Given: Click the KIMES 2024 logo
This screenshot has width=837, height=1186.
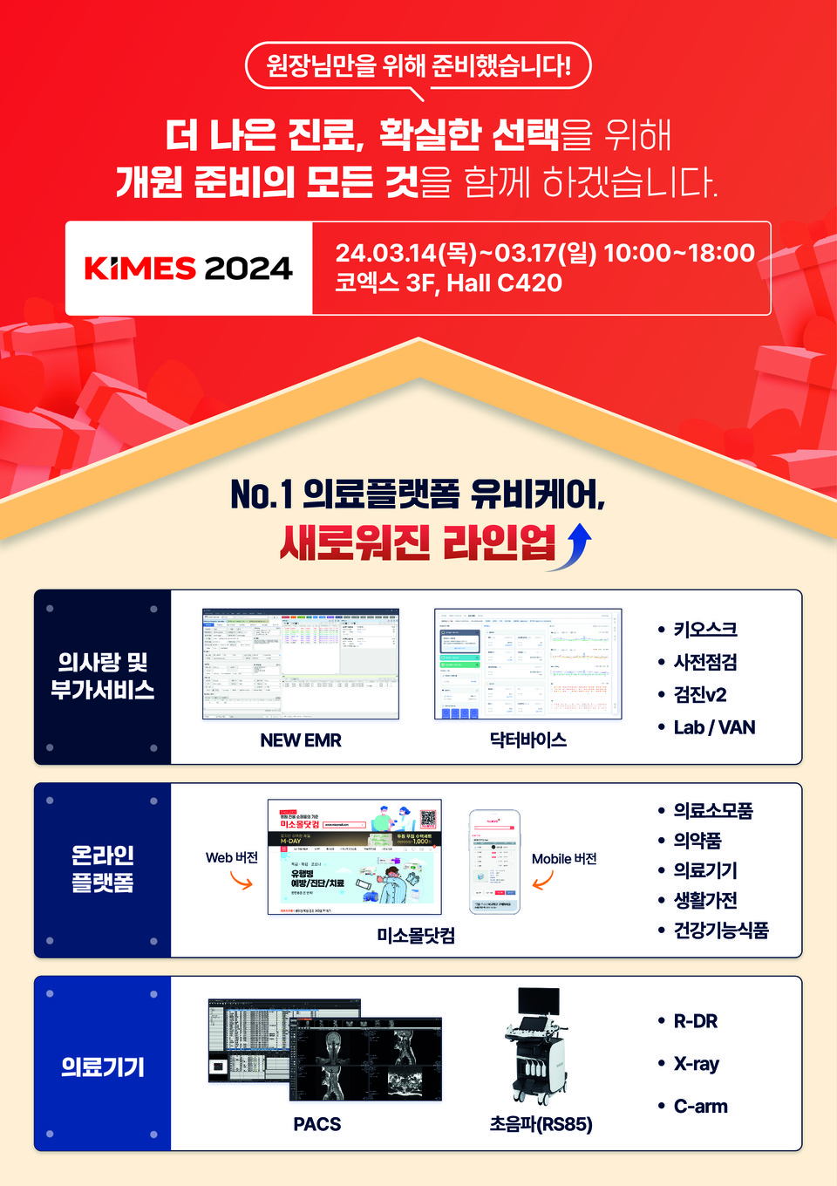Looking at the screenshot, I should coord(188,268).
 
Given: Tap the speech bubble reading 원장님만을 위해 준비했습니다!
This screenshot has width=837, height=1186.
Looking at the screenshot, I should coord(418,65).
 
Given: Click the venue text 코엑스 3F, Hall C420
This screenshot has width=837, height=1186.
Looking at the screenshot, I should coord(448,283).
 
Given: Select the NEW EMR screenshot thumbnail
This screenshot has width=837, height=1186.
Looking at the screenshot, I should coord(300,664).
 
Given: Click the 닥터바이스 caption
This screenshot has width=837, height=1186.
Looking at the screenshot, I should coord(528,740).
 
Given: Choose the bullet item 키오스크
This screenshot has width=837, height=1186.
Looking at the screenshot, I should coord(705,630).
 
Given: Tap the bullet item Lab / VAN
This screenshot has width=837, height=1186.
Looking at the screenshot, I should coord(714,727).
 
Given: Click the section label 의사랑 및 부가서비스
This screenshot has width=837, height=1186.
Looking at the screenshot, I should coord(103,676).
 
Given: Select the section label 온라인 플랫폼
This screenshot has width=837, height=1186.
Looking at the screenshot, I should coord(103,869).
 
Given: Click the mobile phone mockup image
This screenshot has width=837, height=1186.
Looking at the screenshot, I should coord(494,862).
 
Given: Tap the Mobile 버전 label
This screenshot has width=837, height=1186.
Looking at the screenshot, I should coord(564,859).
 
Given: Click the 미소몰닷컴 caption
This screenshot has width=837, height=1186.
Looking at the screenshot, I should coord(416,936).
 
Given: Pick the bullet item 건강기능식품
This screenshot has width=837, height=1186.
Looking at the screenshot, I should coord(721,930).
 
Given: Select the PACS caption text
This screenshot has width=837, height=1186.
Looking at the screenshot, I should coord(317,1124).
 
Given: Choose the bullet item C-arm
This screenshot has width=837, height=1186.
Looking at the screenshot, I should coord(700,1107).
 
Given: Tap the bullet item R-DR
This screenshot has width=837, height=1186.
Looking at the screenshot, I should coord(696,1021).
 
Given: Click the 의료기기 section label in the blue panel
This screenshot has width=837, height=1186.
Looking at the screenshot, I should coord(103,1067).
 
